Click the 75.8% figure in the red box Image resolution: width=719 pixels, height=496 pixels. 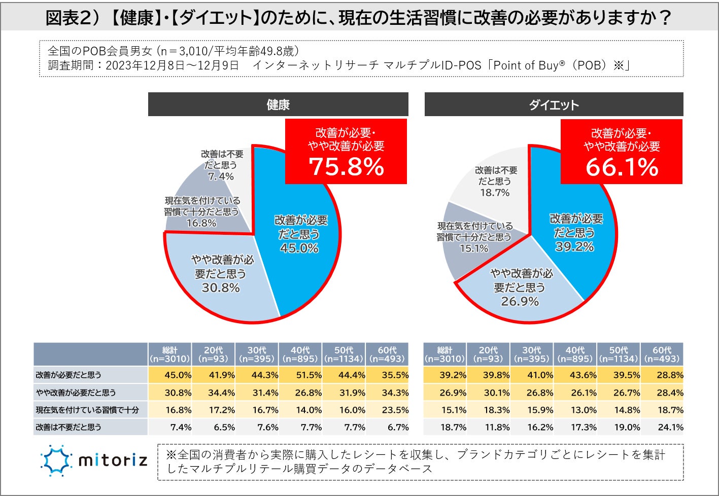[x=347, y=166]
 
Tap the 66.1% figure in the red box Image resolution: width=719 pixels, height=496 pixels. [x=622, y=167]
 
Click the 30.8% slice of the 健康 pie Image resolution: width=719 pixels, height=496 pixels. [x=220, y=274]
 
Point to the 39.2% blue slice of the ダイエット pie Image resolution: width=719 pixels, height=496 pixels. [x=575, y=233]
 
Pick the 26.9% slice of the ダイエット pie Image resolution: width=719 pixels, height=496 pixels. [x=521, y=288]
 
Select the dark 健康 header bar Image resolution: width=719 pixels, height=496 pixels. [x=278, y=104]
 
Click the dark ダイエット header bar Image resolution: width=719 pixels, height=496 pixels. [x=554, y=105]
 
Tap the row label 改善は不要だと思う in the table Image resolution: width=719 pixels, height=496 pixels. [x=69, y=427]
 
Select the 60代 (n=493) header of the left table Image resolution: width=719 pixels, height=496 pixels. [x=387, y=354]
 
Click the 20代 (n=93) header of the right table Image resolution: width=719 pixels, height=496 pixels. [x=488, y=354]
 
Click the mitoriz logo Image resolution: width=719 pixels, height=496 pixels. [x=94, y=460]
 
